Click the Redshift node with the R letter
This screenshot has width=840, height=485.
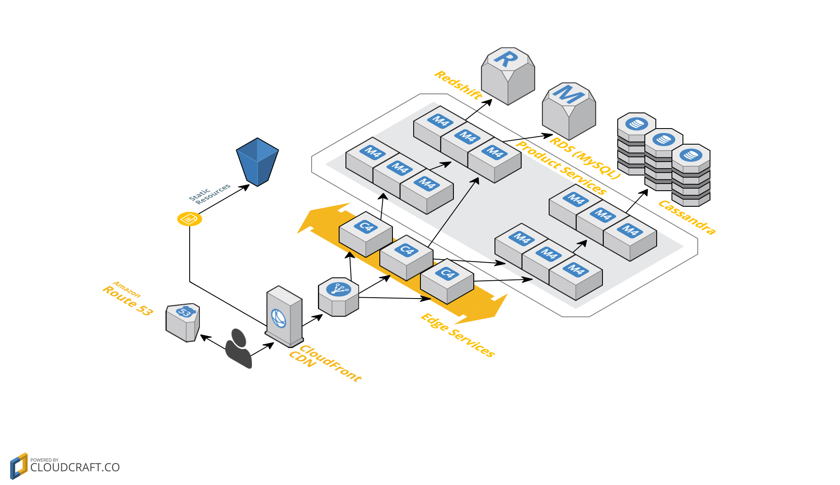(508, 76)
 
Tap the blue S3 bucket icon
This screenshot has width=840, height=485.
(257, 162)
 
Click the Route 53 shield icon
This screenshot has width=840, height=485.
(183, 322)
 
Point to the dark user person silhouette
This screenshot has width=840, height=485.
(238, 349)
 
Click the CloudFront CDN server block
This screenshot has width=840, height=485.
(284, 316)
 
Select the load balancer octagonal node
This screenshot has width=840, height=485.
(338, 297)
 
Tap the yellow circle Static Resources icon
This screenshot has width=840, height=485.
(189, 219)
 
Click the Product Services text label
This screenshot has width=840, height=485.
(561, 167)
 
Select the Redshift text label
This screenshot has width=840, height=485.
(459, 85)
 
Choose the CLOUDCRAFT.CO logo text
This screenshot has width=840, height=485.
(75, 467)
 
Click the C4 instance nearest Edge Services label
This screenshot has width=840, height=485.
(447, 281)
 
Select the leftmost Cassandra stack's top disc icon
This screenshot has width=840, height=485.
(636, 124)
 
